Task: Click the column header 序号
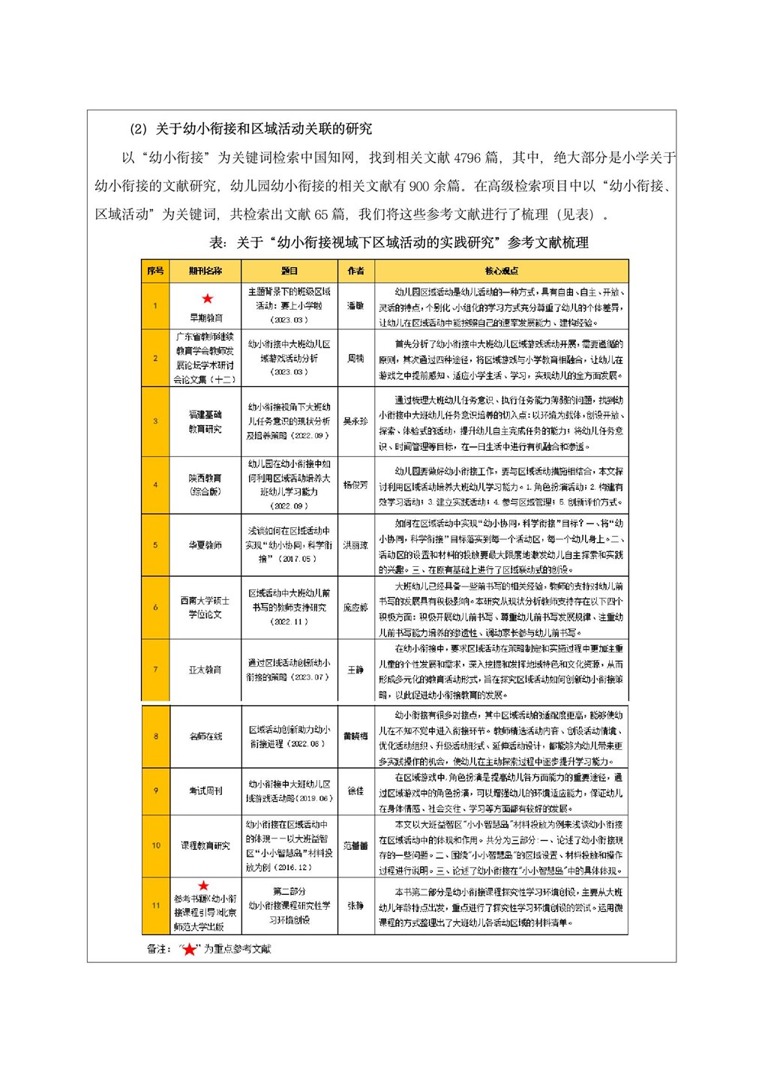155,271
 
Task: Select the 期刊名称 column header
205,271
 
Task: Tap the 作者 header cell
355,271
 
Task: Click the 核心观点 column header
501,271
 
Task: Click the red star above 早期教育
207,299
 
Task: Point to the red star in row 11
203,886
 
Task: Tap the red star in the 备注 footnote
189,949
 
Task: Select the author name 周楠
355,358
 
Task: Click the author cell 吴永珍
355,421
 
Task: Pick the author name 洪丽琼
355,545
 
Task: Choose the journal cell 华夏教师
205,545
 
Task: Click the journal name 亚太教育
205,670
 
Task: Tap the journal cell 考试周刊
205,790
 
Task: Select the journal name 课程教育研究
205,846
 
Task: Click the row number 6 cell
155,607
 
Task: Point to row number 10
155,846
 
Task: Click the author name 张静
355,906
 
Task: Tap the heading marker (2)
139,129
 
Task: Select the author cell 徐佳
355,790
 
